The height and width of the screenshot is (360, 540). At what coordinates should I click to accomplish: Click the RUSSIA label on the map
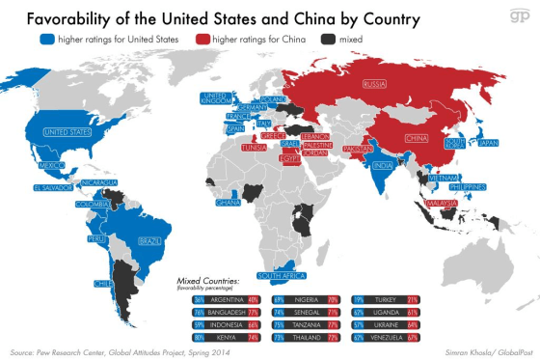pos(375,84)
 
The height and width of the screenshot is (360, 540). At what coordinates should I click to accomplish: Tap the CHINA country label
pos(418,138)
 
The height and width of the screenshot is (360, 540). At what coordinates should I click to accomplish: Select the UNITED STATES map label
pos(63,132)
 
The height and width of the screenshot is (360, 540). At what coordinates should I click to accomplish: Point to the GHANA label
pos(229,203)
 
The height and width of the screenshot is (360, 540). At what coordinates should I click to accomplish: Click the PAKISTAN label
pos(357,150)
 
